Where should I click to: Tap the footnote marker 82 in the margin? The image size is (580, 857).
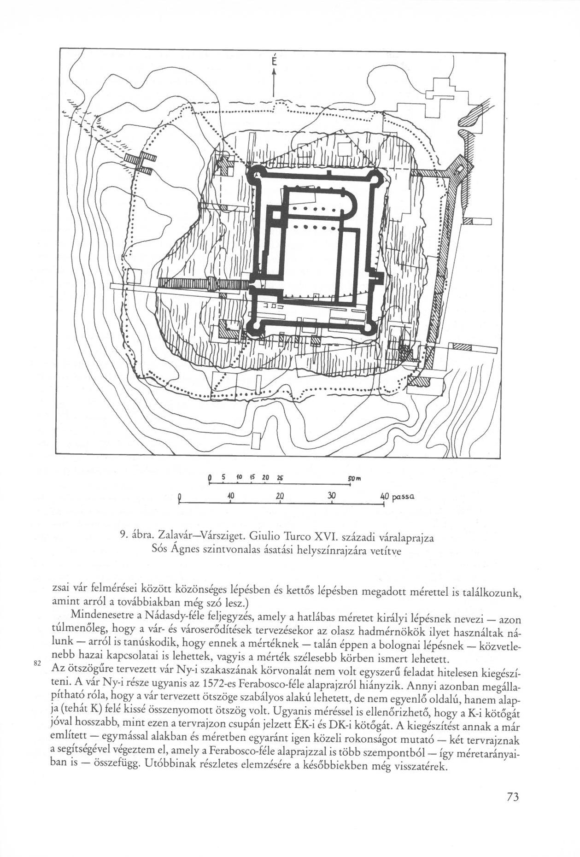[x=38, y=663]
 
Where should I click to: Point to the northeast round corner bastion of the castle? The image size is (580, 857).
[x=379, y=176]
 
